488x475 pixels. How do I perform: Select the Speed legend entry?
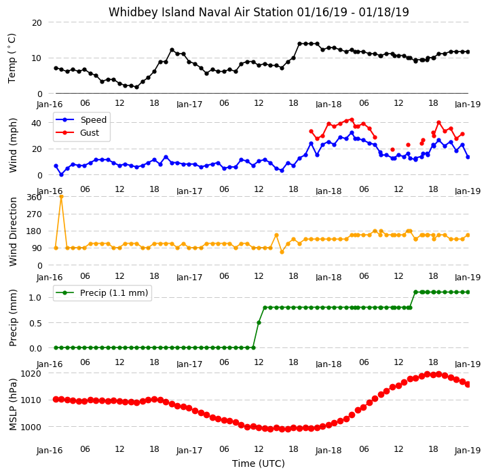point(81,119)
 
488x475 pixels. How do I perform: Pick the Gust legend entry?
point(77,133)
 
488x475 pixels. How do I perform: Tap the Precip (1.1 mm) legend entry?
point(102,292)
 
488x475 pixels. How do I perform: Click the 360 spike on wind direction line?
point(61,197)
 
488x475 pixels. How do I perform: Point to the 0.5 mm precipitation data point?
point(259,322)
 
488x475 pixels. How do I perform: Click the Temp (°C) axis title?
point(12,58)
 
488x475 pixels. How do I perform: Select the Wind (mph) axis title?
point(13,145)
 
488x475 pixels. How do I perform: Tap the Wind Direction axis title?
point(13,232)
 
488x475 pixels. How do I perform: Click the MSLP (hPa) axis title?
point(13,404)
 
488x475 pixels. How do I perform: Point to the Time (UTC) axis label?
point(259,463)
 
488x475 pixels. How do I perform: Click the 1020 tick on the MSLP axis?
point(31,373)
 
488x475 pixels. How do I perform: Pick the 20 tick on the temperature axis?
point(37,22)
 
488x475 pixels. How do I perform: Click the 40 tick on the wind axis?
point(37,123)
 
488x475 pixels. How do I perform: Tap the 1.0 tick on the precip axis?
point(35,298)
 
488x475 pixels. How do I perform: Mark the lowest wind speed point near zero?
point(61,175)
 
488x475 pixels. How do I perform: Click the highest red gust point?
point(352,119)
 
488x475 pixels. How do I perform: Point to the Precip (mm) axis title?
point(13,318)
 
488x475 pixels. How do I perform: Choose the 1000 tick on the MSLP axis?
point(31,427)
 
